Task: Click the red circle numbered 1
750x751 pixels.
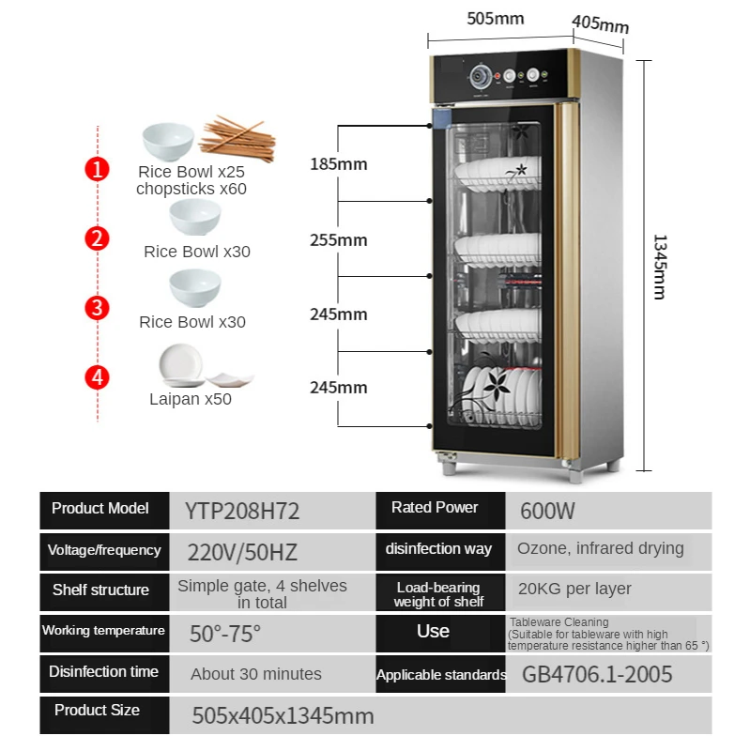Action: (98, 169)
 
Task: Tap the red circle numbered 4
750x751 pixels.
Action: (98, 377)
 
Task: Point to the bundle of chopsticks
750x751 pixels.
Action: (237, 138)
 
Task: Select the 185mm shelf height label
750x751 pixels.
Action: (339, 164)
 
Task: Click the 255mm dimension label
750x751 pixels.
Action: (339, 240)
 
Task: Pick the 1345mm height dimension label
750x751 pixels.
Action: (660, 267)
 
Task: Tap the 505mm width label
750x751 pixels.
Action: (496, 19)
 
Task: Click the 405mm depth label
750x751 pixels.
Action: (600, 24)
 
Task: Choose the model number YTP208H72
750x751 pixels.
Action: (242, 511)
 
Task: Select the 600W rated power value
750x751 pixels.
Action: (547, 511)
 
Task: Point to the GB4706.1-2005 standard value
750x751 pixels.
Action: (597, 674)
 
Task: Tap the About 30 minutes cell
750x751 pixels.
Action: (256, 674)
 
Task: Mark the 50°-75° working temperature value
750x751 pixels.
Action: (225, 634)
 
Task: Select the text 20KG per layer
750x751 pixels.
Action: (574, 589)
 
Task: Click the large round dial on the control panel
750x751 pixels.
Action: (481, 77)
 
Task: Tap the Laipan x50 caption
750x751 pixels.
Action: (191, 399)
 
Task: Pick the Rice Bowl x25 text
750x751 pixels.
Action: (191, 172)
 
